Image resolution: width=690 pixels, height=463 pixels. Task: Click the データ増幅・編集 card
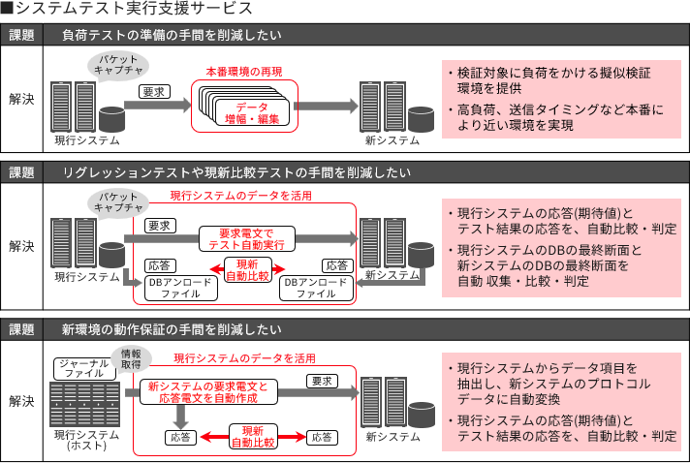[246, 113]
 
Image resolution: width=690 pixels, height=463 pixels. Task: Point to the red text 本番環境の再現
[244, 72]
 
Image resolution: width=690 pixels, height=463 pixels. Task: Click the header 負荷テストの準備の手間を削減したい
[172, 35]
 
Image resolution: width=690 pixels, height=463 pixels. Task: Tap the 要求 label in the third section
[323, 382]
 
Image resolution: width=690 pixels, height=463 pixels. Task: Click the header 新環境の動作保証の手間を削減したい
[172, 326]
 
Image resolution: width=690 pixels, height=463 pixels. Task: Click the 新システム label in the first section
[392, 140]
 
